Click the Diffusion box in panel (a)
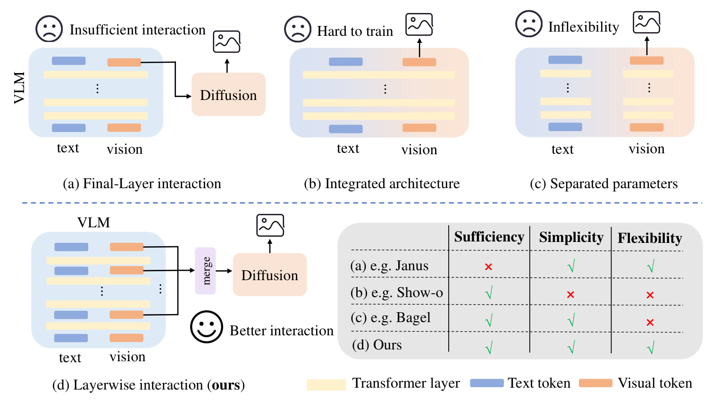click(x=228, y=94)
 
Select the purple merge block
click(x=205, y=271)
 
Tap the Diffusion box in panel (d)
click(x=269, y=274)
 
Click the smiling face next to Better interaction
click(x=207, y=326)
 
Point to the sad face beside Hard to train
click(x=298, y=29)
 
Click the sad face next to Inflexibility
click(x=529, y=24)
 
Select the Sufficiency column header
click(x=489, y=237)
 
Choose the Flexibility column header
click(x=650, y=238)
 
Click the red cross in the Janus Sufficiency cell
click(x=488, y=267)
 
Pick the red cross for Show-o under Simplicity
click(x=570, y=295)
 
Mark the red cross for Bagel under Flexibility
click(x=650, y=323)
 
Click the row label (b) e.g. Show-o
click(x=396, y=293)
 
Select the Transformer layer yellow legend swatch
click(x=326, y=384)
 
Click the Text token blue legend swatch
click(x=487, y=383)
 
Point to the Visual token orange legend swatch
click(x=595, y=383)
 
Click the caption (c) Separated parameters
click(x=603, y=183)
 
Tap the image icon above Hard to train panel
click(x=419, y=25)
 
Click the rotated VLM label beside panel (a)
click(x=19, y=88)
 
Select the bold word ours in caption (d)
click(x=226, y=385)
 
